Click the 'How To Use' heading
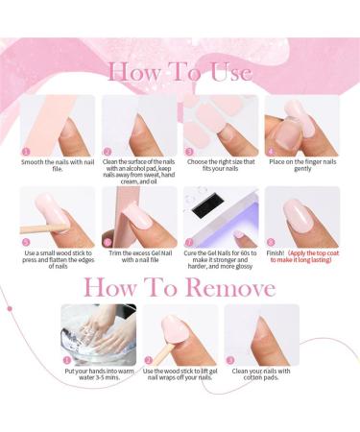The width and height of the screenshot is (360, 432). pyautogui.click(x=180, y=71)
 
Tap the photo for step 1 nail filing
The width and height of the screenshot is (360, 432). pyautogui.click(x=57, y=124)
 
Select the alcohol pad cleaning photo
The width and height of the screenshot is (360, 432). pyautogui.click(x=138, y=124)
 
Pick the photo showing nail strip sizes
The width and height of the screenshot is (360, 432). pyautogui.click(x=220, y=124)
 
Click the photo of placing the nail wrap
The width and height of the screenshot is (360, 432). pyautogui.click(x=301, y=124)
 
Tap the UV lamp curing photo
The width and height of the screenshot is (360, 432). pyautogui.click(x=220, y=217)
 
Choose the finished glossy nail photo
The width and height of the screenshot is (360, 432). pyautogui.click(x=301, y=217)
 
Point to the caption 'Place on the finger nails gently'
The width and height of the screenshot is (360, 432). pyautogui.click(x=302, y=166)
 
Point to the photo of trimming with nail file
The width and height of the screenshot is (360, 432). pyautogui.click(x=138, y=217)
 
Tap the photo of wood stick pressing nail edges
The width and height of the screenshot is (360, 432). pyautogui.click(x=57, y=217)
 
